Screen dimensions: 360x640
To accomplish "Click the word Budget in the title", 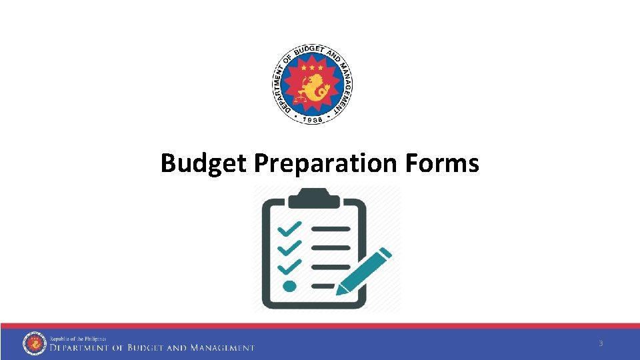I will [x=204, y=163].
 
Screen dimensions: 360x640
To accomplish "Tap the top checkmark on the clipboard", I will [x=289, y=229].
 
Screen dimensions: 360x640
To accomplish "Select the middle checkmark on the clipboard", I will [x=289, y=248].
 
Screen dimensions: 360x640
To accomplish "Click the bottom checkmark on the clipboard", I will [x=289, y=267].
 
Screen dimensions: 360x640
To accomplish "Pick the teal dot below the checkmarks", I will [x=289, y=286].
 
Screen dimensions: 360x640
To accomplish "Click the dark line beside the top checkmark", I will [x=331, y=229].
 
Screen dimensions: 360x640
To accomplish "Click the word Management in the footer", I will [x=222, y=348].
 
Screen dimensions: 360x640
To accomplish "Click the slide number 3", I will [x=601, y=343].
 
